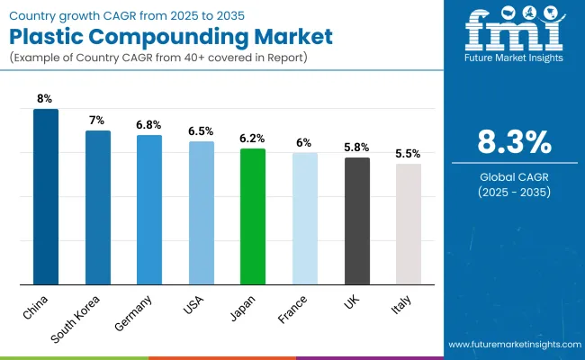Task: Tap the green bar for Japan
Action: pyautogui.click(x=253, y=216)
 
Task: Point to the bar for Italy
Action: pyautogui.click(x=408, y=224)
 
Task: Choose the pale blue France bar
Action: pyautogui.click(x=304, y=219)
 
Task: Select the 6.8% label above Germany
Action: pyautogui.click(x=149, y=125)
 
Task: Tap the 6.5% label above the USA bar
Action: pyautogui.click(x=201, y=131)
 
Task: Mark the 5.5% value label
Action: pyautogui.click(x=408, y=154)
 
